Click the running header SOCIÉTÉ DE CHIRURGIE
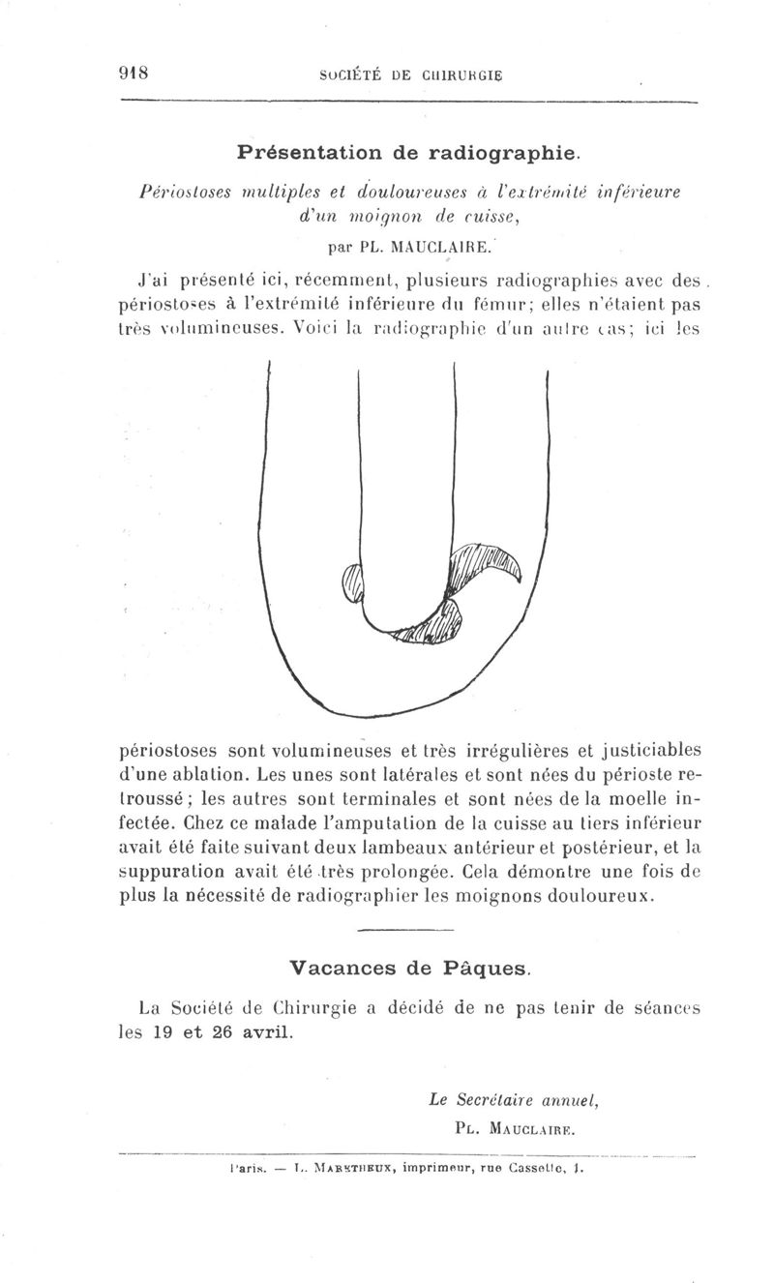(413, 74)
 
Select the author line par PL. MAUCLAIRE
(409, 246)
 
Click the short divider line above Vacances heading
(398, 931)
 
